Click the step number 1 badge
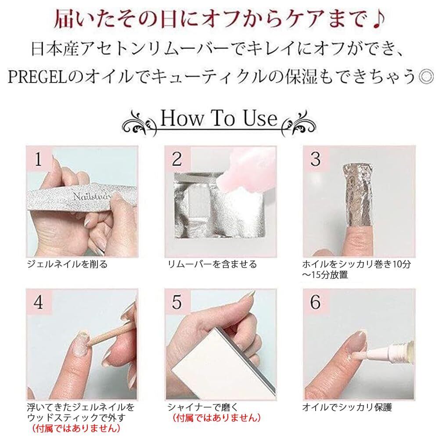tap(39, 159)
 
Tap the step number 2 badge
tap(177, 159)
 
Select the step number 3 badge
tap(316, 159)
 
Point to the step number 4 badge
tap(39, 302)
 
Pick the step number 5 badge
tap(177, 302)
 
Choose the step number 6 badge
tap(316, 302)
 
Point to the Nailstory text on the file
tap(92, 196)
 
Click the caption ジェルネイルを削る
tap(68, 264)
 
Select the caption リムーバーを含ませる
tap(212, 264)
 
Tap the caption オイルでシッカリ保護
tap(347, 407)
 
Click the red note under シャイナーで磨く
tap(217, 418)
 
